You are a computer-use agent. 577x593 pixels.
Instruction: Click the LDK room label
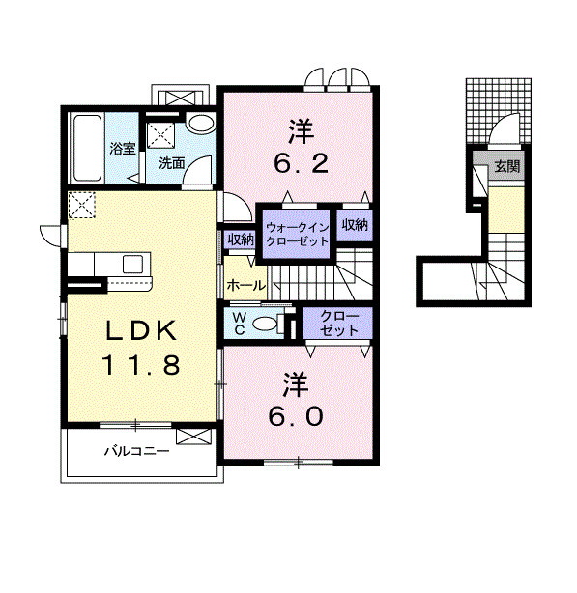click(141, 330)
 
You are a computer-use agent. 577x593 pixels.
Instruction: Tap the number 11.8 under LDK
click(141, 365)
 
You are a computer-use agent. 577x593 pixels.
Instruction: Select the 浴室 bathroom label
click(123, 149)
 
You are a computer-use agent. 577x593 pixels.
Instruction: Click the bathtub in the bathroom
click(87, 148)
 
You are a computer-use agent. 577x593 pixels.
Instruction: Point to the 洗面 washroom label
click(172, 163)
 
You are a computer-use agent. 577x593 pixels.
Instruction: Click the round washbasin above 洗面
click(200, 124)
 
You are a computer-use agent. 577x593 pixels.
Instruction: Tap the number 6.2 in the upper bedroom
click(302, 164)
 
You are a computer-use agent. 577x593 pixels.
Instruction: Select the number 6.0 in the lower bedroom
click(296, 416)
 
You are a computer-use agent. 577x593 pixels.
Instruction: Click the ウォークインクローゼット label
click(297, 235)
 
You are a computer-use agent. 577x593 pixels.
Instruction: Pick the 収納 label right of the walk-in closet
click(355, 225)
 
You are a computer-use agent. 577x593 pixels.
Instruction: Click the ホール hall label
click(245, 285)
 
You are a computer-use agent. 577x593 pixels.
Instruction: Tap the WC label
click(239, 323)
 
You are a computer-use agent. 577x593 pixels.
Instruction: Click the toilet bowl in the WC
click(264, 325)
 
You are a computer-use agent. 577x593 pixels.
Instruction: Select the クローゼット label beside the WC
click(338, 324)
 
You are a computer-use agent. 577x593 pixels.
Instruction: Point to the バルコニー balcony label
click(137, 451)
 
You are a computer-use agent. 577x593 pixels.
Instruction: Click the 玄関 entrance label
click(507, 166)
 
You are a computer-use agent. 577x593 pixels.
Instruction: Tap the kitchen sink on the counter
click(132, 265)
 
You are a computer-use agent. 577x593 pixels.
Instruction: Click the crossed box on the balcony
click(193, 436)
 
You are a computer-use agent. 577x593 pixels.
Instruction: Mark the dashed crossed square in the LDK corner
click(82, 205)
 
